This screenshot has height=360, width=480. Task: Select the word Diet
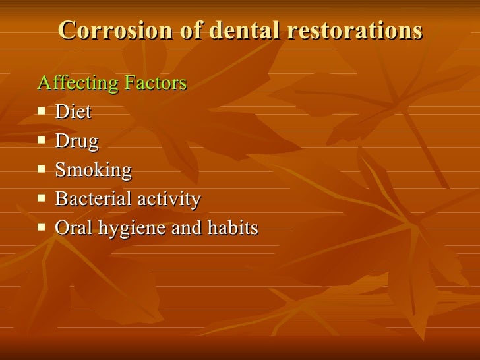click(73, 112)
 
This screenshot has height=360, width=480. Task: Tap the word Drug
click(76, 141)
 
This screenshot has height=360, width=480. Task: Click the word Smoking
click(93, 170)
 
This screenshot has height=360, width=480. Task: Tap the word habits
click(231, 228)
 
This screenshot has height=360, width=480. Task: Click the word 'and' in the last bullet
click(184, 228)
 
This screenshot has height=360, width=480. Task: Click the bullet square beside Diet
click(42, 111)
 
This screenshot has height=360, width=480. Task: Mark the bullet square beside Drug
click(42, 140)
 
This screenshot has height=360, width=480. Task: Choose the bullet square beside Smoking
click(42, 169)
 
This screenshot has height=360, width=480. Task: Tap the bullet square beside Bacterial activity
click(42, 198)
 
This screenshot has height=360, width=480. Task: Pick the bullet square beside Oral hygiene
click(42, 227)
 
